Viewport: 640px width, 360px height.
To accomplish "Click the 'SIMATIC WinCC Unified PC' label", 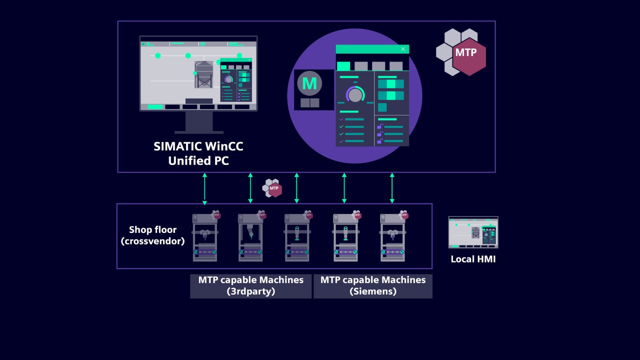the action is (198, 153).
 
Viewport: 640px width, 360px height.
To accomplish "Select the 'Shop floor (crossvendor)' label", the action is (153, 235).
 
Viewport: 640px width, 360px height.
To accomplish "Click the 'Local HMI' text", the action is (473, 259).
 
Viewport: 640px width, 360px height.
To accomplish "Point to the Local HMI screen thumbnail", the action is (473, 232).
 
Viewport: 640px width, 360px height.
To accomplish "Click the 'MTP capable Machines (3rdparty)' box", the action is (251, 286).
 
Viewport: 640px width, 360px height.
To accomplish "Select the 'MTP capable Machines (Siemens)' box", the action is (373, 286).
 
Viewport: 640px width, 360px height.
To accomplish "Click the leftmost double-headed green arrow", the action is (204, 189).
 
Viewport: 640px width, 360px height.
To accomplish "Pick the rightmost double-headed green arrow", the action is (392, 188).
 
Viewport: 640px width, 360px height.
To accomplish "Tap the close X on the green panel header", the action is (403, 49).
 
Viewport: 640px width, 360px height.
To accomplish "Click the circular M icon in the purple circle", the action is (309, 83).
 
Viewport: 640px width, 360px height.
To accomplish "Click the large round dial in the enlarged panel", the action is (355, 94).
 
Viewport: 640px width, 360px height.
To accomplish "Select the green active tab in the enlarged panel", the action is (343, 66).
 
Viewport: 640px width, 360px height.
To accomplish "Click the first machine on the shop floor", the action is (205, 236).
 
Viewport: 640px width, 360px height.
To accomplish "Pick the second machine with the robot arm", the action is (251, 236).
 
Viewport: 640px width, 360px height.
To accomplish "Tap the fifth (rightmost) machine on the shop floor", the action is (393, 236).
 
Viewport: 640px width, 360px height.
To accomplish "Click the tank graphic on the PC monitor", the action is (203, 74).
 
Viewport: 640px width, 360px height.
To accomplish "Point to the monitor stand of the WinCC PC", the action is (199, 122).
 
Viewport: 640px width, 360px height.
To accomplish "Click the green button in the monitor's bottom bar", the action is (155, 107).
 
